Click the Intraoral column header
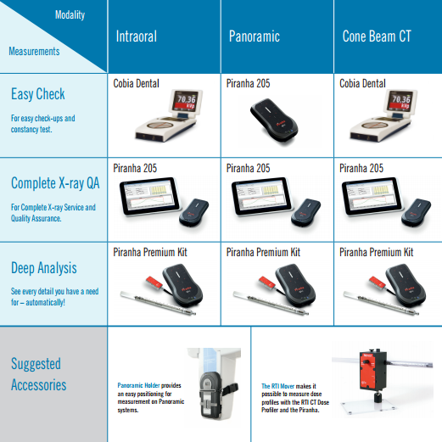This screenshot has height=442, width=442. [137, 36]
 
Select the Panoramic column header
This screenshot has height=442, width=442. [255, 36]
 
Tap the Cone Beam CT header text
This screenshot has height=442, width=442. [377, 36]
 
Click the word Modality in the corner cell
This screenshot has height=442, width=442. [70, 15]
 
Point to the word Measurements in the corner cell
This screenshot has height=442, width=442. [34, 51]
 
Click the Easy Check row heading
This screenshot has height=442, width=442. [38, 94]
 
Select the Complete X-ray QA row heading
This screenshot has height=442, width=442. [55, 183]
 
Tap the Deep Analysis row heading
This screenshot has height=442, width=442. [44, 268]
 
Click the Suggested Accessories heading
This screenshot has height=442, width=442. [39, 374]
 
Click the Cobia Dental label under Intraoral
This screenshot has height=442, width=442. [136, 83]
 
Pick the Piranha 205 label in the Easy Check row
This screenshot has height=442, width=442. [248, 83]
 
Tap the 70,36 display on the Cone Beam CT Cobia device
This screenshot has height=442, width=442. [401, 99]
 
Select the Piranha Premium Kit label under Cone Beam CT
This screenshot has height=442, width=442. [376, 252]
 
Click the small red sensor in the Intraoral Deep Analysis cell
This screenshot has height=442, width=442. [154, 283]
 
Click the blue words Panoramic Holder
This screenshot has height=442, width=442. [138, 385]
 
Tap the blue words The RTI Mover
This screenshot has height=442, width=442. [278, 386]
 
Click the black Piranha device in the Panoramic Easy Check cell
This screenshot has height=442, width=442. [274, 120]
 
